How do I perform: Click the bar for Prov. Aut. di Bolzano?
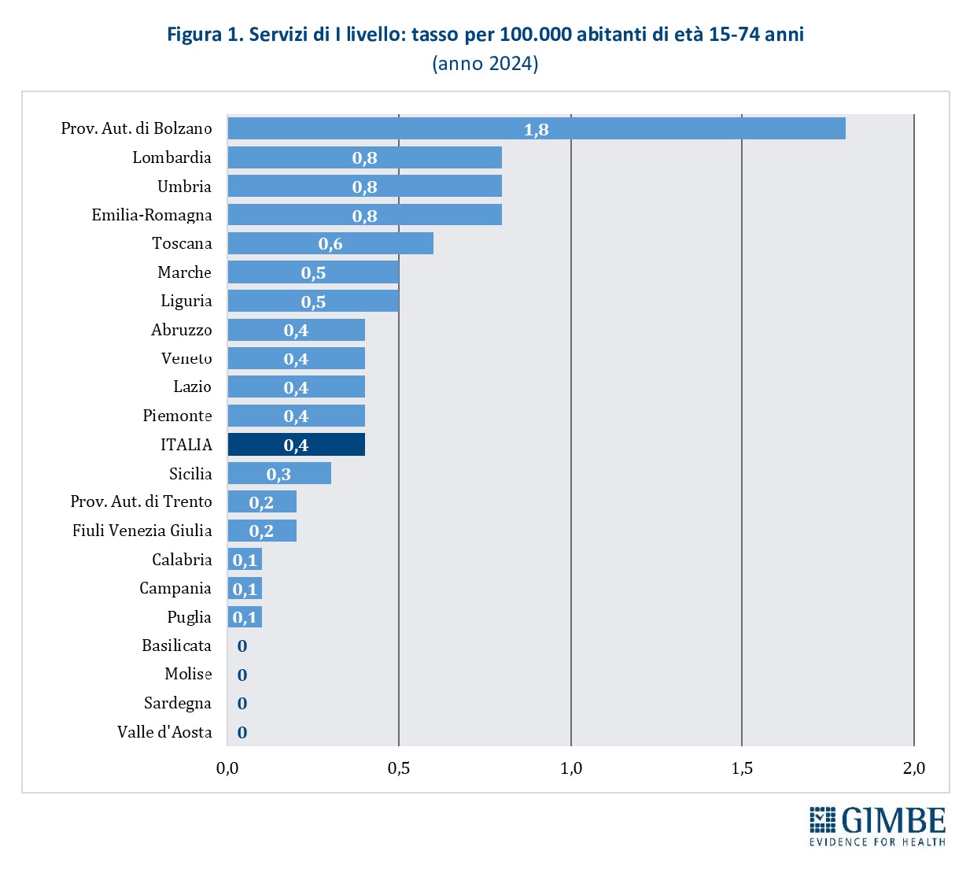click(x=537, y=128)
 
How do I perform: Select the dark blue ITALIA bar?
click(x=296, y=445)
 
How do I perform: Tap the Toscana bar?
click(x=330, y=243)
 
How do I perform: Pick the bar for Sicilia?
click(x=279, y=473)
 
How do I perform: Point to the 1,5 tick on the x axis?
click(x=742, y=768)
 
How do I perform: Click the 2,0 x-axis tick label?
click(x=913, y=768)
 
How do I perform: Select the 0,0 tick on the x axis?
click(x=227, y=768)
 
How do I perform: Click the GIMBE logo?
click(x=877, y=826)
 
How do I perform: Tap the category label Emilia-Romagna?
click(x=152, y=215)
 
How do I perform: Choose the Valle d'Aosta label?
click(x=164, y=732)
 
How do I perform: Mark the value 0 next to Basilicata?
click(x=242, y=646)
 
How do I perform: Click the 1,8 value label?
click(x=537, y=129)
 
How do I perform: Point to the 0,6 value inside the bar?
click(x=330, y=244)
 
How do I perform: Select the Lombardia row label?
click(x=172, y=157)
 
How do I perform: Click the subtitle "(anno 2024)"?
click(x=485, y=64)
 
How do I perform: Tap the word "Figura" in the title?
click(x=194, y=35)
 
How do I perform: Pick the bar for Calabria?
click(x=245, y=560)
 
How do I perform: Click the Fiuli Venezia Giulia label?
click(x=142, y=531)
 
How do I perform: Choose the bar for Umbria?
click(x=364, y=186)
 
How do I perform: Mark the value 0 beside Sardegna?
click(x=242, y=704)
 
